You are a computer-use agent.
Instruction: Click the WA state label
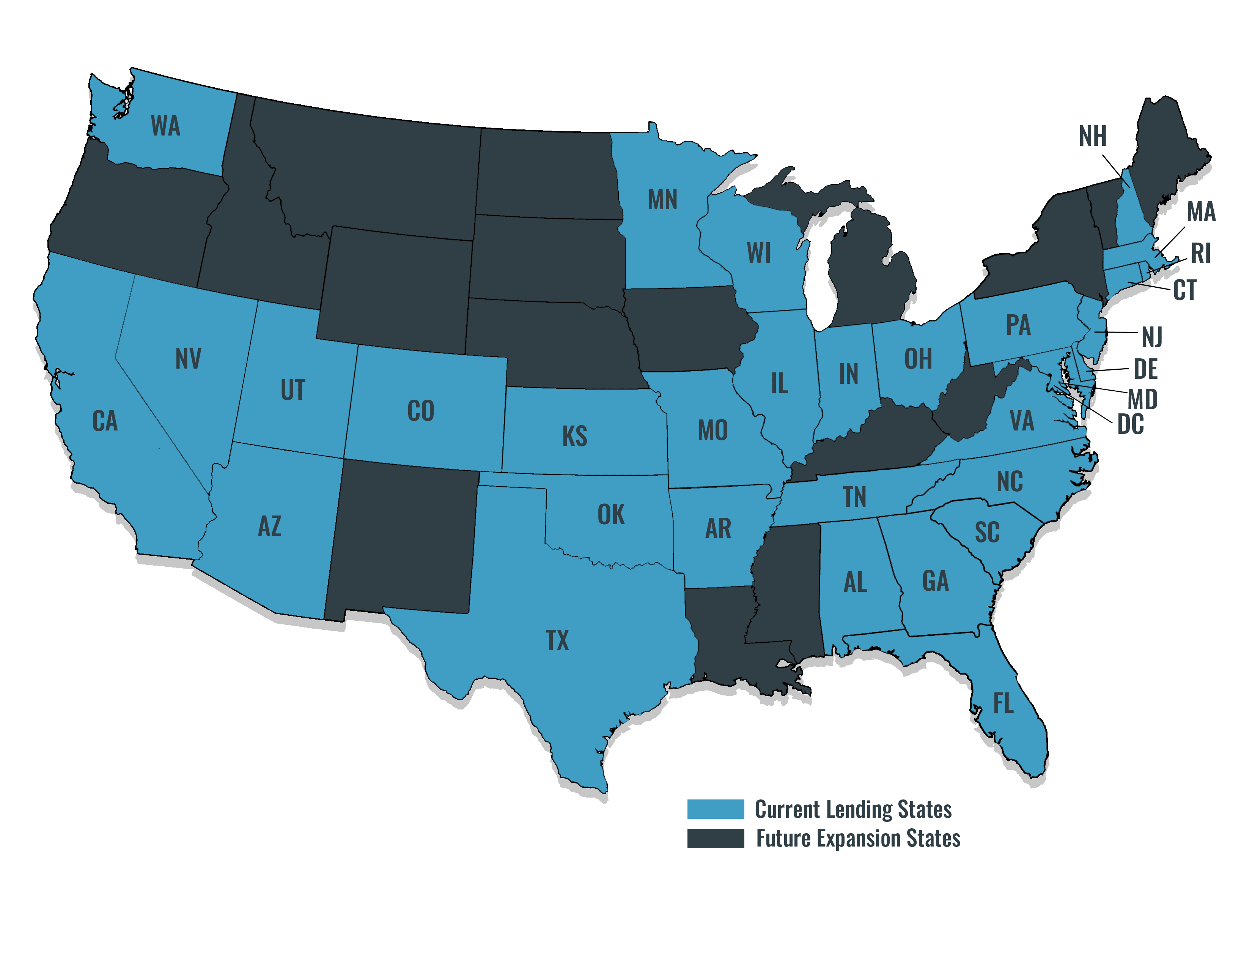(166, 126)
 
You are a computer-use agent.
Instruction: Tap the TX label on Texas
(557, 640)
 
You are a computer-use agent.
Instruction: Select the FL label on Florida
(1003, 704)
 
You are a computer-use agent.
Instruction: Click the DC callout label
(1131, 425)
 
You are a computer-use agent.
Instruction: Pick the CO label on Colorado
(421, 411)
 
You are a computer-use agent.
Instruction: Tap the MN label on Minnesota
(663, 200)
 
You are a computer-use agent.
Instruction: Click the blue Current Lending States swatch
(716, 809)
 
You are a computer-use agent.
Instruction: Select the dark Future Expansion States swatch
(716, 838)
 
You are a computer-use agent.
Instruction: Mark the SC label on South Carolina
(987, 533)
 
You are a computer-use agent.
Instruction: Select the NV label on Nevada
(188, 359)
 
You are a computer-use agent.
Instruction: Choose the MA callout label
(1201, 212)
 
